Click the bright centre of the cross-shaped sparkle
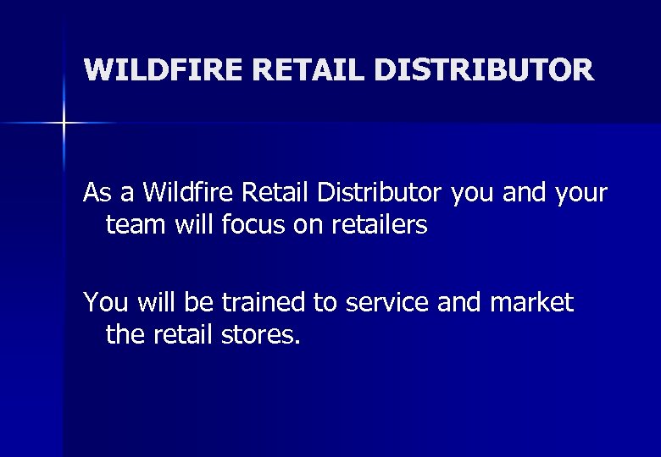point(64,124)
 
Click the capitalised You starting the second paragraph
point(103,302)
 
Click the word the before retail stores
point(126,334)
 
